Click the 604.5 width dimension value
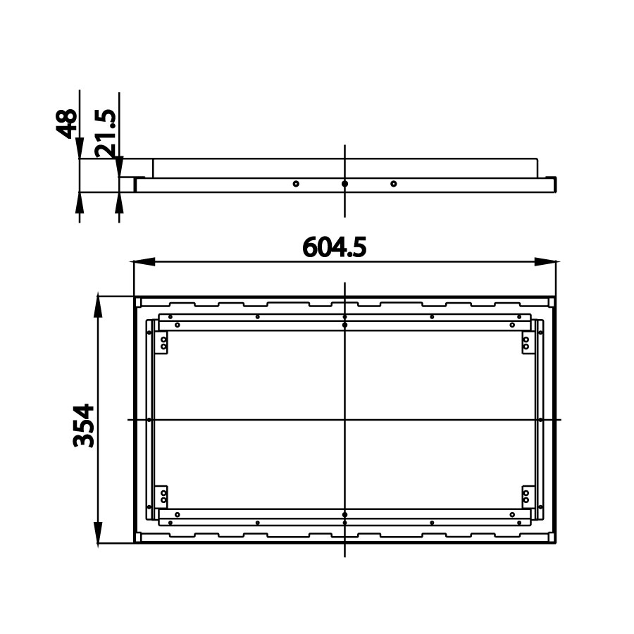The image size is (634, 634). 335,247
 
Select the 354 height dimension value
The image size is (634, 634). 84,425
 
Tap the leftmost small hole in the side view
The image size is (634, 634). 296,184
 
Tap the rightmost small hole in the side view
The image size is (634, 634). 394,184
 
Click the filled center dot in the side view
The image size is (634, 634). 344,184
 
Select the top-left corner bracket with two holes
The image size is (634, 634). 163,343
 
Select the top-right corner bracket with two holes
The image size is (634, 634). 526,343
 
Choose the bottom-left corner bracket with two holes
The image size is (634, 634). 163,496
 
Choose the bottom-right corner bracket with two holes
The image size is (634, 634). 526,496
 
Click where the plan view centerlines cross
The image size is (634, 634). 344,420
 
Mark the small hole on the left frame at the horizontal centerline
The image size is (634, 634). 149,420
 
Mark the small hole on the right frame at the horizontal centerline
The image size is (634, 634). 540,420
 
